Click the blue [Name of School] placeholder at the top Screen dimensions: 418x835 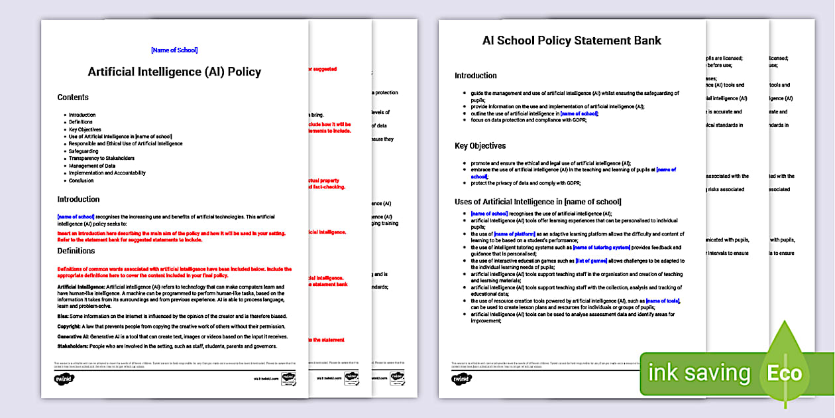point(174,50)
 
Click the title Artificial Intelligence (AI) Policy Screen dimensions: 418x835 point(174,72)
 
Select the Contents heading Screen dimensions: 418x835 point(73,98)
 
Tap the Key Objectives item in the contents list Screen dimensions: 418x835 point(85,129)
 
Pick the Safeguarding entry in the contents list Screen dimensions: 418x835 point(83,151)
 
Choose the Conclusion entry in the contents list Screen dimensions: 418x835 point(82,180)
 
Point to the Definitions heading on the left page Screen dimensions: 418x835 point(76,251)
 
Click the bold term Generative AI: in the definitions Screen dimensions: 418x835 point(74,336)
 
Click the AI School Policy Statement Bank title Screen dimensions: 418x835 point(571,40)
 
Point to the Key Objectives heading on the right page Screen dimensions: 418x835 point(480,146)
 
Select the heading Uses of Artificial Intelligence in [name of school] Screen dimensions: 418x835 point(537,202)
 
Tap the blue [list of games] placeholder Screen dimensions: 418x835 point(591,261)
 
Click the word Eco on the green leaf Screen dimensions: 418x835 point(785,373)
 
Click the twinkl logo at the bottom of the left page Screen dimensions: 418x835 point(64,379)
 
